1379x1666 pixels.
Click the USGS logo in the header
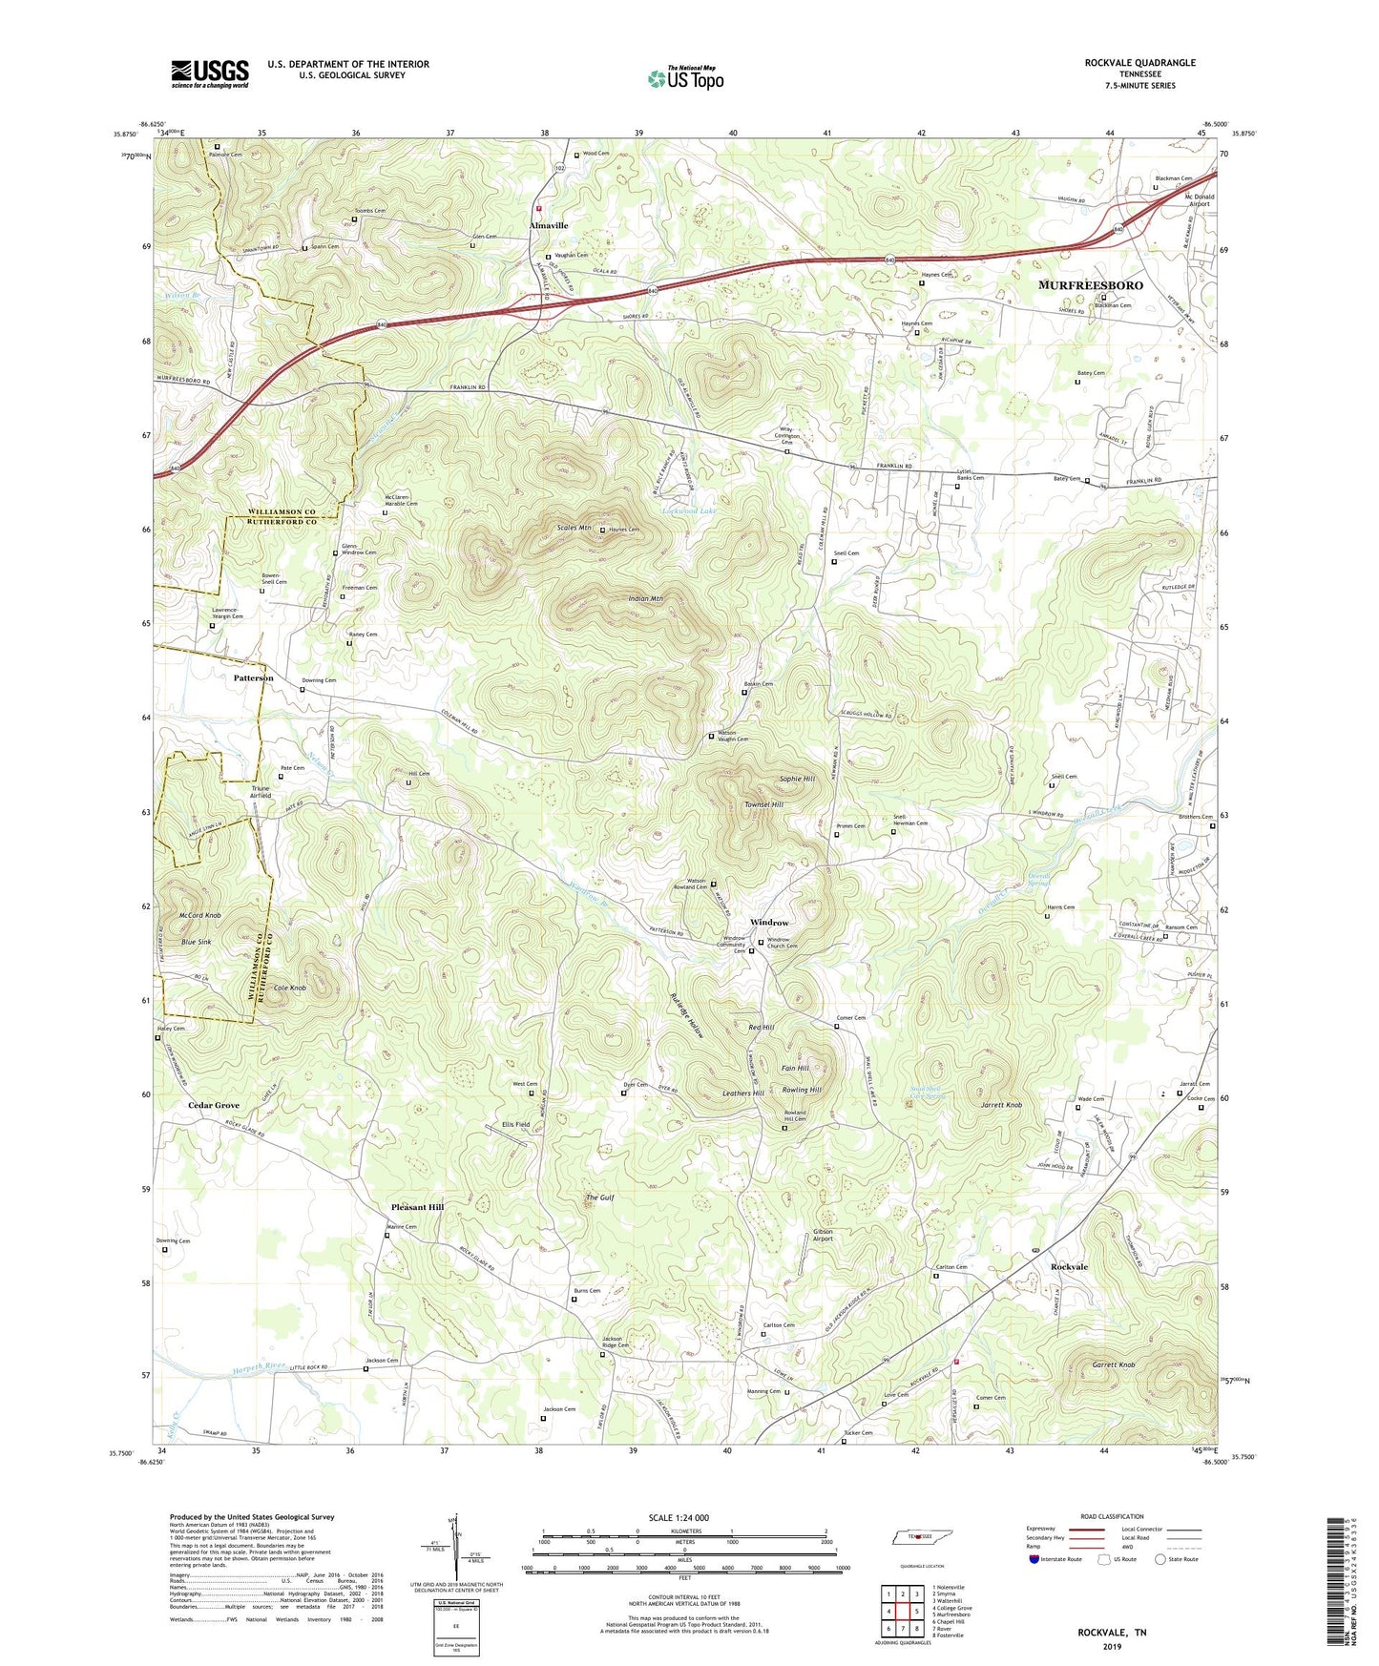(x=209, y=73)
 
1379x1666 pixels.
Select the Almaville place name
(x=549, y=226)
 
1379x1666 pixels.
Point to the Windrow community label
(x=768, y=923)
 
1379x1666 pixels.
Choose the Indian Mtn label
(x=645, y=598)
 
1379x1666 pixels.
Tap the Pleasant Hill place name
(x=417, y=1207)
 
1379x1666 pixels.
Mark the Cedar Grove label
(x=214, y=1105)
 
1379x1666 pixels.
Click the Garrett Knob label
(x=1113, y=1365)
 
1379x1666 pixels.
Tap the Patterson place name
(x=253, y=677)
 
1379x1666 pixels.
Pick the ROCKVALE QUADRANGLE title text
(x=1139, y=63)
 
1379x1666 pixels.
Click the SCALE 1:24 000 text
(x=679, y=1517)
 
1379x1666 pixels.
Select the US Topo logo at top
(x=684, y=78)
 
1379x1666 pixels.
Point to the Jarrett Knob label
(x=1001, y=1105)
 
